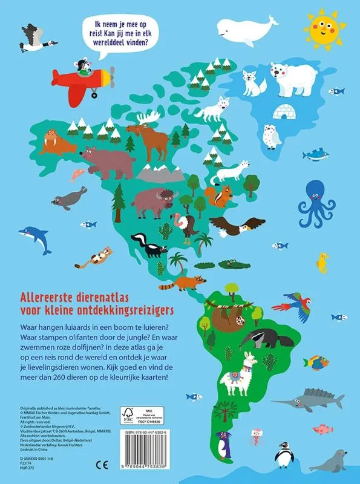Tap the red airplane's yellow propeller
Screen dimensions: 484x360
click(111, 77)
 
